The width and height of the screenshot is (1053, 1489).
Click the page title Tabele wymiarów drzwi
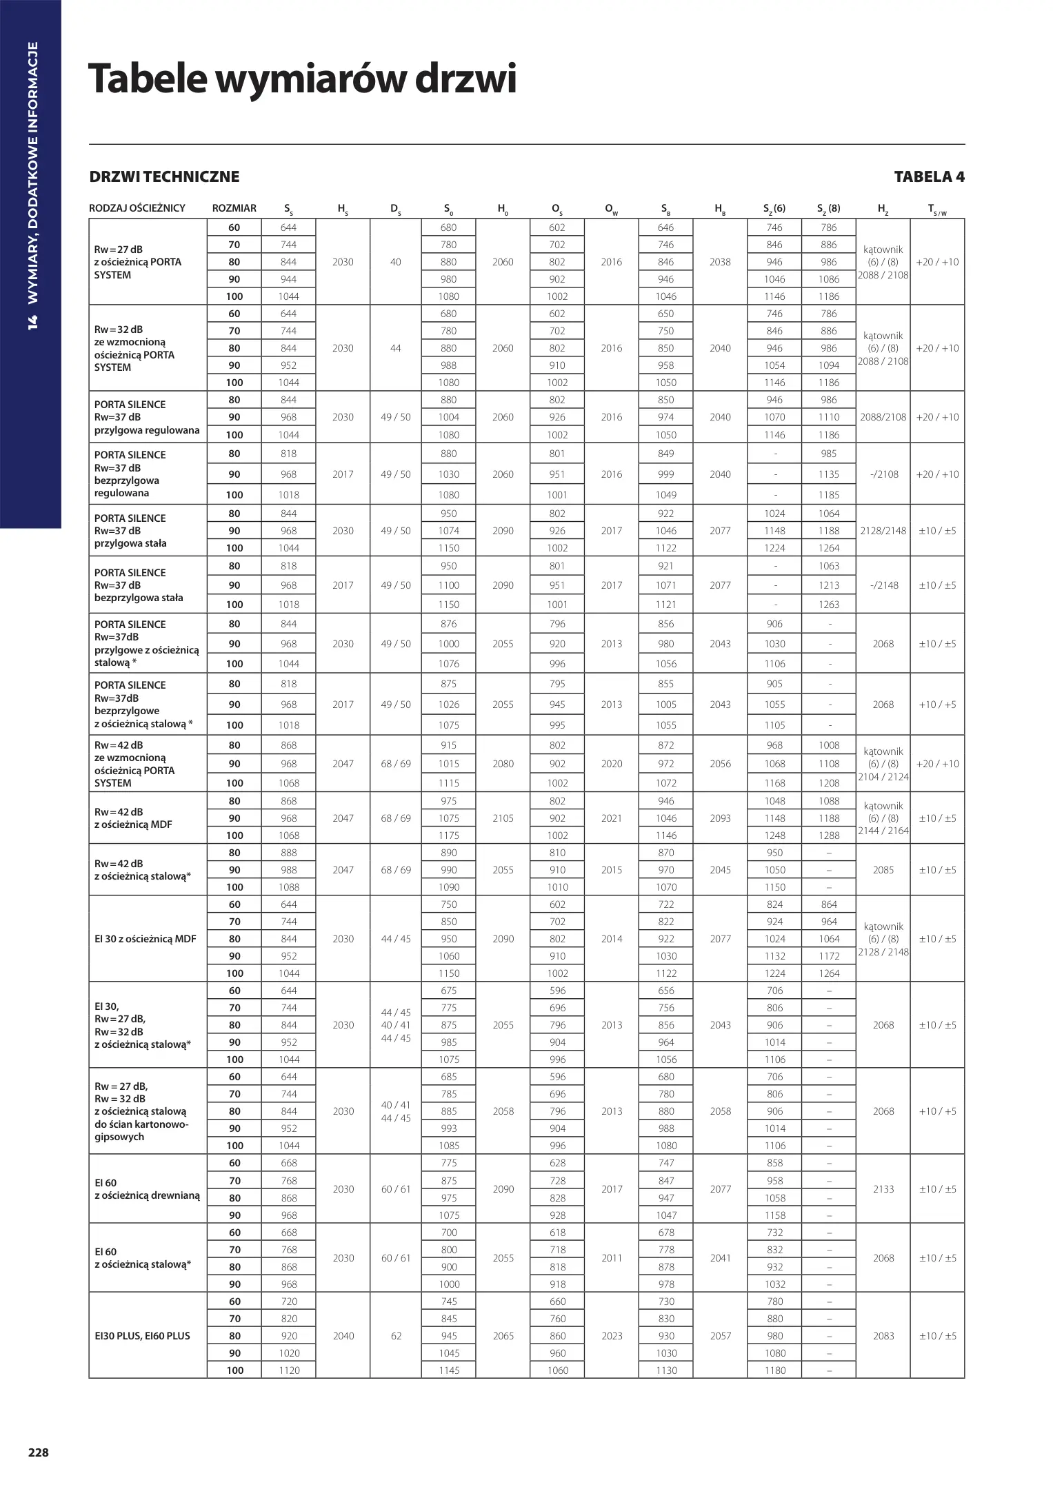pos(302,79)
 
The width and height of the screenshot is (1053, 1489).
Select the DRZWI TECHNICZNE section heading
pos(164,177)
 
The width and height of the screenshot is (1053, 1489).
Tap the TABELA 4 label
pos(929,177)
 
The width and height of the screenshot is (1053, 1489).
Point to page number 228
pos(38,1452)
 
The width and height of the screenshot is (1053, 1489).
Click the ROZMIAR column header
pos(234,208)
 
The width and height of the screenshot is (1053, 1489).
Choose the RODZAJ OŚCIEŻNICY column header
pos(137,208)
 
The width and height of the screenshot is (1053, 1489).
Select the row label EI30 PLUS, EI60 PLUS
pos(142,1336)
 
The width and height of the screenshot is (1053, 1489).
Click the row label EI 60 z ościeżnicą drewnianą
pos(147,1189)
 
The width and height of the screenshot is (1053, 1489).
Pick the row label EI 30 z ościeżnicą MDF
pos(145,939)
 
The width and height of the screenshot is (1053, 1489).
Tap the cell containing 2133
pos(883,1189)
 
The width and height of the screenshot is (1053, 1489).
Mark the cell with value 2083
pos(883,1336)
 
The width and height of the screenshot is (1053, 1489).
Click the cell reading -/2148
pos(883,585)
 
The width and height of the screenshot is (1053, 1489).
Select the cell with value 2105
pos(503,818)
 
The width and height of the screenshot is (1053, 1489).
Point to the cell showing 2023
pos(611,1336)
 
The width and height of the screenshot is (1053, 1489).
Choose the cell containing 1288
pos(829,835)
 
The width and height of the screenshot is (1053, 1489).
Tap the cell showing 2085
pos(883,870)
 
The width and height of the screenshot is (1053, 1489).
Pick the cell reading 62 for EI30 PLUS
pos(396,1336)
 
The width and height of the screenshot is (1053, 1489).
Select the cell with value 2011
pos(611,1258)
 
